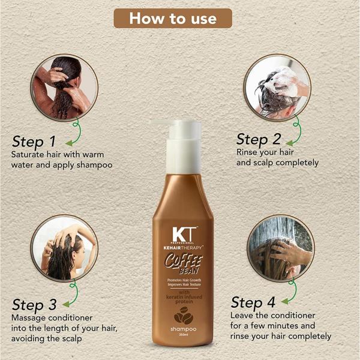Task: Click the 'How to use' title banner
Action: pyautogui.click(x=173, y=18)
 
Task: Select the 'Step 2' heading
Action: pyautogui.click(x=259, y=139)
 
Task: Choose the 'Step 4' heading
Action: pyautogui.click(x=255, y=302)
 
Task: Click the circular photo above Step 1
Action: pyautogui.click(x=63, y=87)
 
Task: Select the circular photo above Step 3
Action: pyautogui.click(x=64, y=248)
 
